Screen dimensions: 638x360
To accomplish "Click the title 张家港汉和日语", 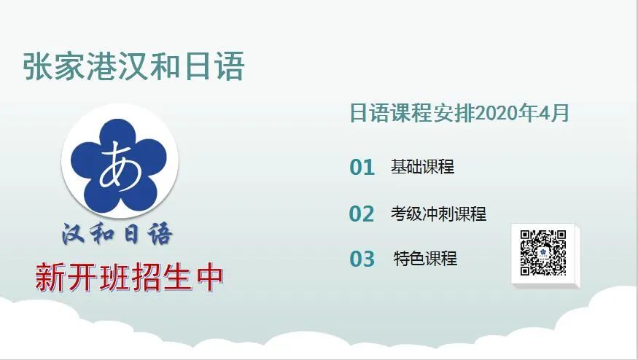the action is click(134, 66).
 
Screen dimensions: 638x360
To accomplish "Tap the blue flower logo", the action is click(120, 162).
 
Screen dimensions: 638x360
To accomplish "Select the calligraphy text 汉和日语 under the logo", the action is click(117, 234).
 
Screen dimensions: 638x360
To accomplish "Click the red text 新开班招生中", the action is click(129, 278).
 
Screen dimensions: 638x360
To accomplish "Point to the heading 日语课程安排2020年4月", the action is click(459, 113).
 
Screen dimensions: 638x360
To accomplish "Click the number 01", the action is click(362, 167).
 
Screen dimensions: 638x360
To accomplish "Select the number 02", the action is click(362, 214).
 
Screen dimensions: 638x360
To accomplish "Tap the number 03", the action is click(362, 259).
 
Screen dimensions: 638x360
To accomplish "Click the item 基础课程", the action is click(422, 167).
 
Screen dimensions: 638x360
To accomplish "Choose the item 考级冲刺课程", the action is click(439, 214).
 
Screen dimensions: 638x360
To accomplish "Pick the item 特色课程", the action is click(426, 258).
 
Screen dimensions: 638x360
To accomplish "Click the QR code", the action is click(543, 253).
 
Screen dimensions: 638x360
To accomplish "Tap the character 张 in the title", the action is click(37, 66).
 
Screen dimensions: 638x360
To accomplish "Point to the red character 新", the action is click(50, 278).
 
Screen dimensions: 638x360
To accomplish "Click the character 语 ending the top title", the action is click(230, 66).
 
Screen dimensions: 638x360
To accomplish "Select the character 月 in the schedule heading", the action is click(561, 113).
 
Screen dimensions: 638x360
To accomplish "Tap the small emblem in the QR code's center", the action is click(543, 253).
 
